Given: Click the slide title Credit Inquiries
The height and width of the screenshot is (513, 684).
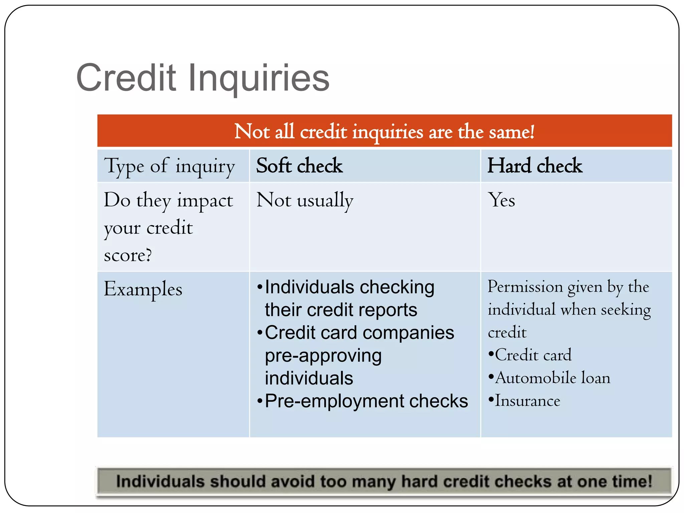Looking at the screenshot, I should [203, 78].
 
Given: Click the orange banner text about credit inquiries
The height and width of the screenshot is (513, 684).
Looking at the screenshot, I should [384, 132].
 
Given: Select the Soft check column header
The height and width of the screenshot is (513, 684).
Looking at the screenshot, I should [299, 166].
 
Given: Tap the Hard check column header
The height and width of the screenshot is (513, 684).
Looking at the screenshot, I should [535, 166].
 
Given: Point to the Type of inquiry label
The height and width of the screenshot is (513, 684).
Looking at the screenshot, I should [169, 166].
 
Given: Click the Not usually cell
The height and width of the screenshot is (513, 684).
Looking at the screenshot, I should [305, 200].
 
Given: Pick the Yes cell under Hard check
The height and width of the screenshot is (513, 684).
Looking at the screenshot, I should [501, 200].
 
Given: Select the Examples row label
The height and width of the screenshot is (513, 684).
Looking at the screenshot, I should [143, 289].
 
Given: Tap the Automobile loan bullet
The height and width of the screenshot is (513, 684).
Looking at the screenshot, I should [552, 378].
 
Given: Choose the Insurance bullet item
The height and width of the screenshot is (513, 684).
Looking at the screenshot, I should [527, 401].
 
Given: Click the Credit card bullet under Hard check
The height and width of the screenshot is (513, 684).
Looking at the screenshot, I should [533, 355].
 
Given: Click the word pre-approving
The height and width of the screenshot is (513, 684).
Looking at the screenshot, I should [323, 356].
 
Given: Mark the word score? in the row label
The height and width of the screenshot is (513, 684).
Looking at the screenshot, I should [128, 255].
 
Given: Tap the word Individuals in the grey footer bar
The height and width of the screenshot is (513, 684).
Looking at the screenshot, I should [160, 482].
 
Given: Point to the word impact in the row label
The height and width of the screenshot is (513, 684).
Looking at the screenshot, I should [205, 201].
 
